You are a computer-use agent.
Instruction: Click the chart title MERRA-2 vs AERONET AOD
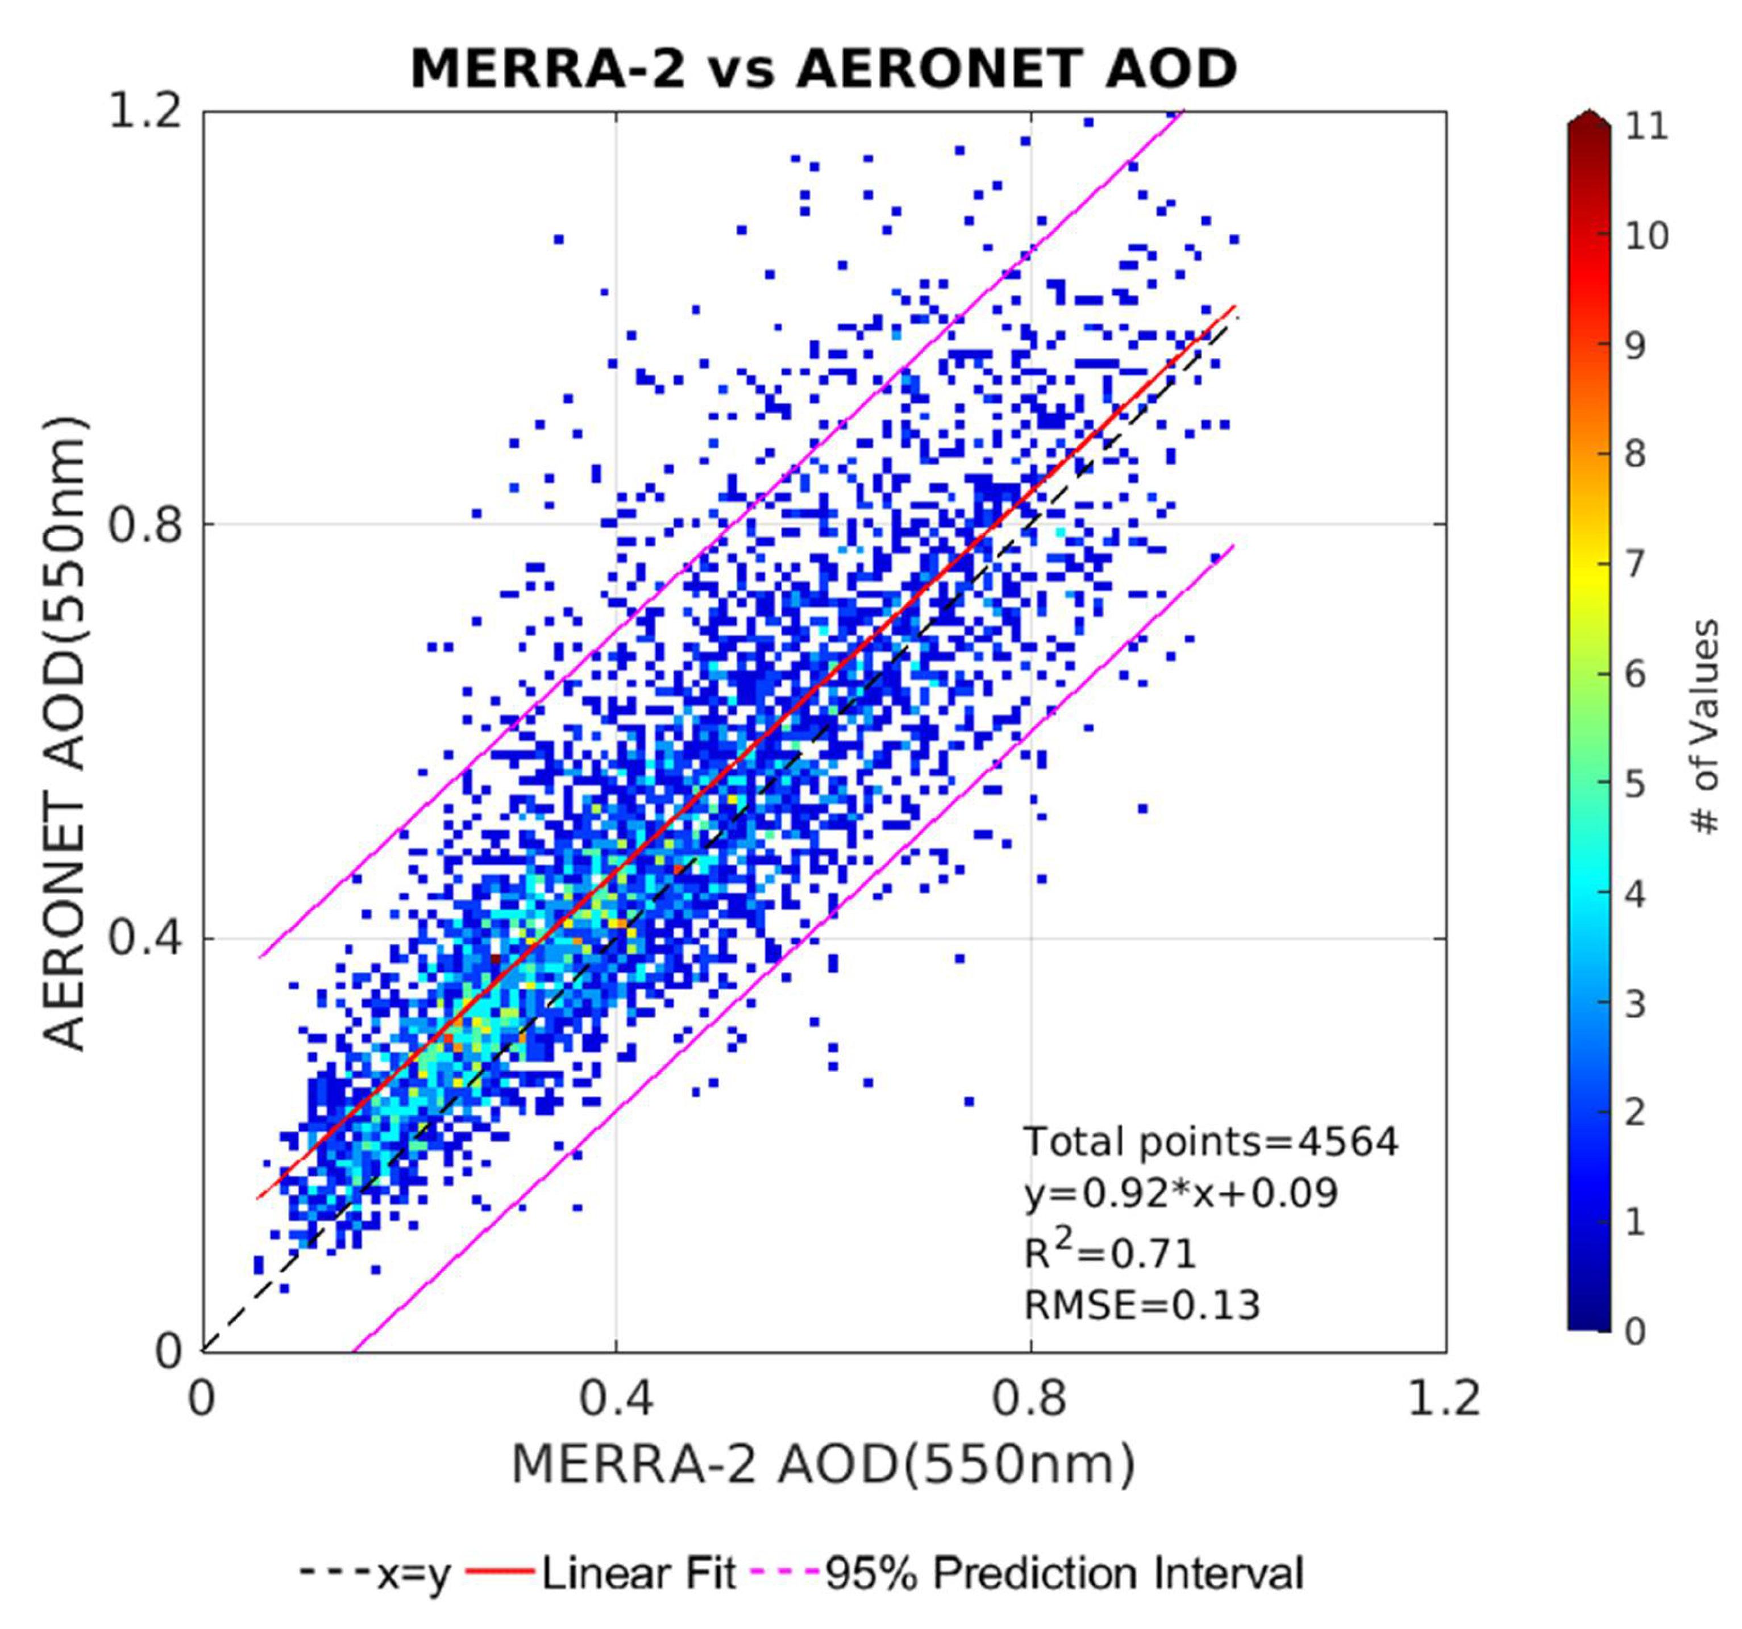(x=823, y=68)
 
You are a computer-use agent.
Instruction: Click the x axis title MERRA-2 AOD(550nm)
(x=823, y=1465)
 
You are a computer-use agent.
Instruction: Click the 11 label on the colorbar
(x=1647, y=127)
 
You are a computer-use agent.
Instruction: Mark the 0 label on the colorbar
(x=1634, y=1332)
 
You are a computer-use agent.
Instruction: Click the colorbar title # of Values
(x=1704, y=728)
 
